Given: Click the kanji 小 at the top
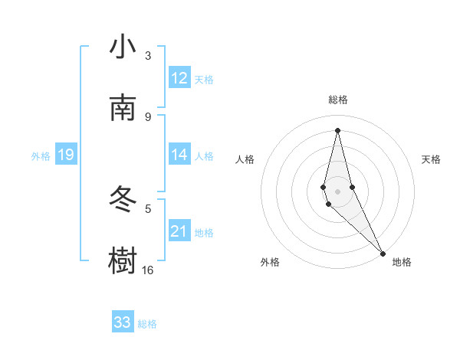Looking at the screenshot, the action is (x=123, y=47).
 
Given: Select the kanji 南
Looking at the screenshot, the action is (x=123, y=109).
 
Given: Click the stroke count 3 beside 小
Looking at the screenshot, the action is (x=148, y=56).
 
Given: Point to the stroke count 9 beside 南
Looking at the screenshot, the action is (x=148, y=116).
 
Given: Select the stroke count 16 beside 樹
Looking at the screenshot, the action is (x=147, y=270).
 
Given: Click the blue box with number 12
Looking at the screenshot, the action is (x=179, y=78).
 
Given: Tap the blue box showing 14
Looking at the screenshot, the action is (x=179, y=155).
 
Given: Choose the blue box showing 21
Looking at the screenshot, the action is (x=179, y=231).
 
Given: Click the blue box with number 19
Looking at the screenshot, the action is (x=66, y=155).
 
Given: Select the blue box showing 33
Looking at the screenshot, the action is (x=123, y=322).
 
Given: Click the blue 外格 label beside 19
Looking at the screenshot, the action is (x=41, y=156).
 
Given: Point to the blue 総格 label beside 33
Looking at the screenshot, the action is (x=147, y=324).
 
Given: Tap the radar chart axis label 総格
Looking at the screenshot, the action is (x=338, y=100).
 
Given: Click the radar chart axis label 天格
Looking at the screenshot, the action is (x=431, y=159).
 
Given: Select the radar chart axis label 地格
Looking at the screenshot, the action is (x=402, y=262).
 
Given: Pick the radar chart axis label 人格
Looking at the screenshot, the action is (x=245, y=159).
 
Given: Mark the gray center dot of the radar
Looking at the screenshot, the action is (x=337, y=191).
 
